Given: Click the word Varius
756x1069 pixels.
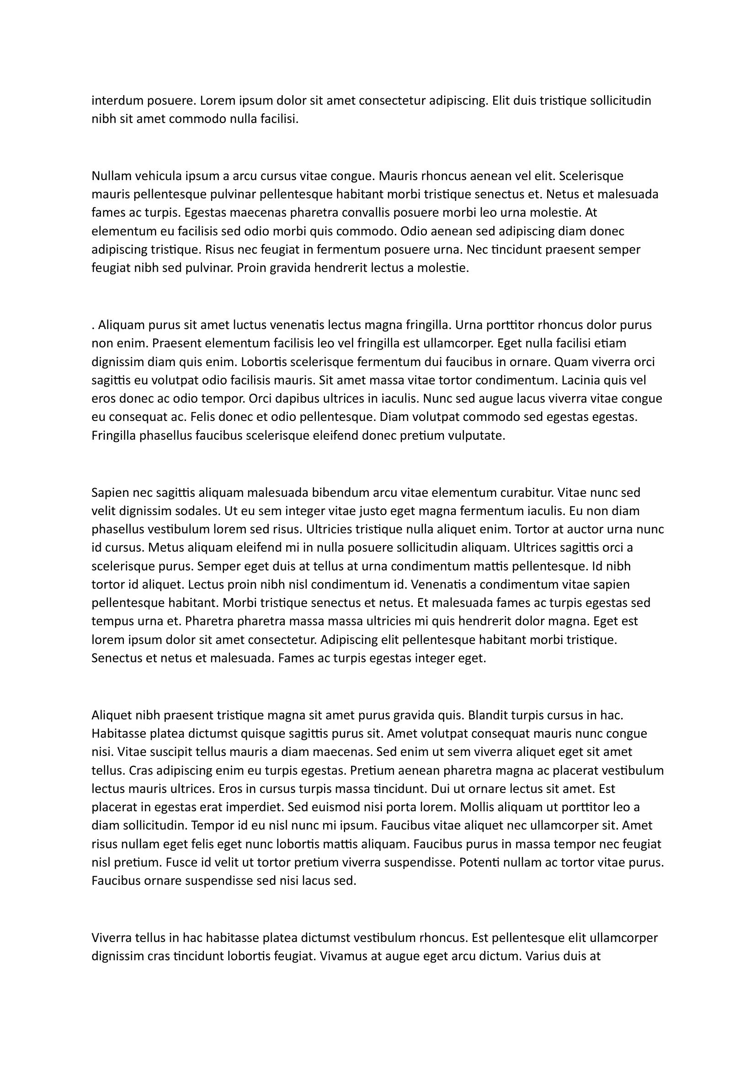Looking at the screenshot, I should [x=542, y=956].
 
